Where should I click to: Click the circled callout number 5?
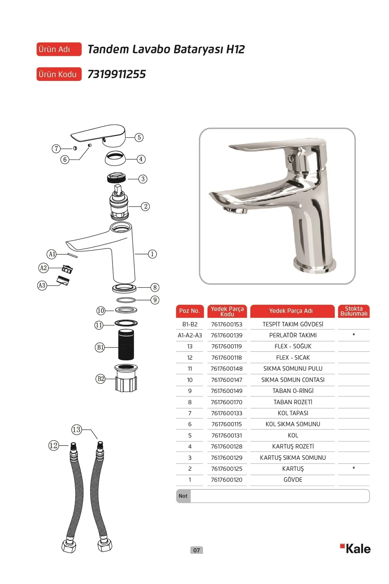(139, 137)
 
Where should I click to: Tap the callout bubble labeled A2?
(43, 268)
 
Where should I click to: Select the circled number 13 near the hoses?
(77, 430)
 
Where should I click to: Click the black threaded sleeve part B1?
(126, 345)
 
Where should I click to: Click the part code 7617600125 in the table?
(227, 469)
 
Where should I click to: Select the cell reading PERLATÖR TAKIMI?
(293, 335)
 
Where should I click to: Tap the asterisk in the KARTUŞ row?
(354, 468)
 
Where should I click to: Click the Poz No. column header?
(189, 311)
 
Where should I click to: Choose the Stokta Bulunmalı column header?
(354, 311)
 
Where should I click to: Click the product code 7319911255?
(117, 74)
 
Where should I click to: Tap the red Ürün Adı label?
(59, 49)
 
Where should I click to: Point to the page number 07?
(196, 550)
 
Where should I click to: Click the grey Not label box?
(183, 496)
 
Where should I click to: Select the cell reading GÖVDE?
(293, 480)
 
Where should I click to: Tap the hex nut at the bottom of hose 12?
(69, 546)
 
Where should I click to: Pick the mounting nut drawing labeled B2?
(126, 378)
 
